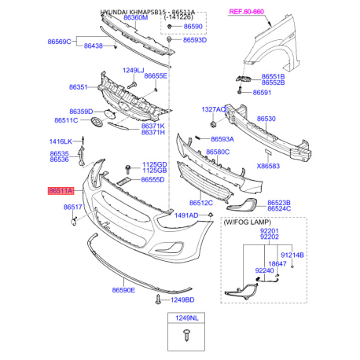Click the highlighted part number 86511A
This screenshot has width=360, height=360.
[61, 191]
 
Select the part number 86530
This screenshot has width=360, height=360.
[267, 119]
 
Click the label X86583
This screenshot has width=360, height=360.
[268, 166]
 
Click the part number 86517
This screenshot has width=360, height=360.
[73, 207]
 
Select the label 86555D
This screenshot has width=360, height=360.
[152, 180]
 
